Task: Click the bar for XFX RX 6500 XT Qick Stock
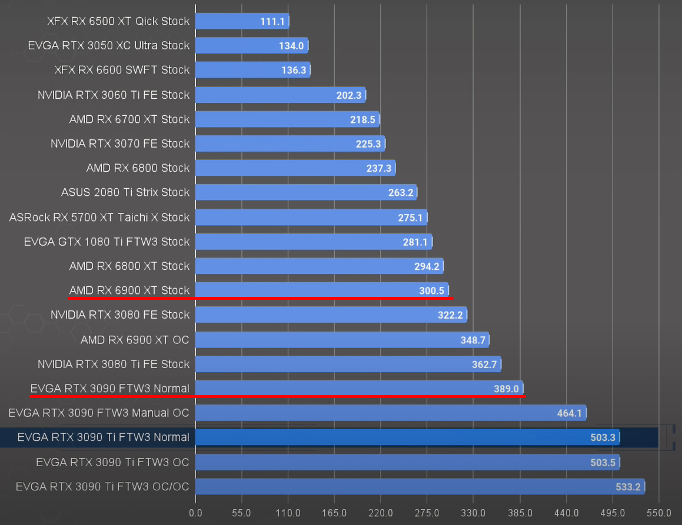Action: click(x=241, y=21)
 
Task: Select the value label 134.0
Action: click(x=291, y=46)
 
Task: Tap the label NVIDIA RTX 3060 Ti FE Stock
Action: click(x=113, y=95)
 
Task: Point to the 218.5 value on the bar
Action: click(x=362, y=119)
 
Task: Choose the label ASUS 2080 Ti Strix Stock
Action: click(x=125, y=192)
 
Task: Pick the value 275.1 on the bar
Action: click(x=410, y=218)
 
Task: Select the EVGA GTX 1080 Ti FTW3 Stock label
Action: click(x=107, y=242)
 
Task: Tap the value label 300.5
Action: click(x=432, y=290)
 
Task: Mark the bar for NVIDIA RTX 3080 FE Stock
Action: click(x=330, y=315)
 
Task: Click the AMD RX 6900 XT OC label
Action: click(x=135, y=340)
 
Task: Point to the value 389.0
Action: click(x=506, y=389)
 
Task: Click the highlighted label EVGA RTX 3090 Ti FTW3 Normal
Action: click(x=103, y=437)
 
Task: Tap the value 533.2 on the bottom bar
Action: click(x=628, y=487)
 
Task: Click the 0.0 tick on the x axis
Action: click(x=195, y=513)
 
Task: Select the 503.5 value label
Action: click(x=603, y=463)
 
